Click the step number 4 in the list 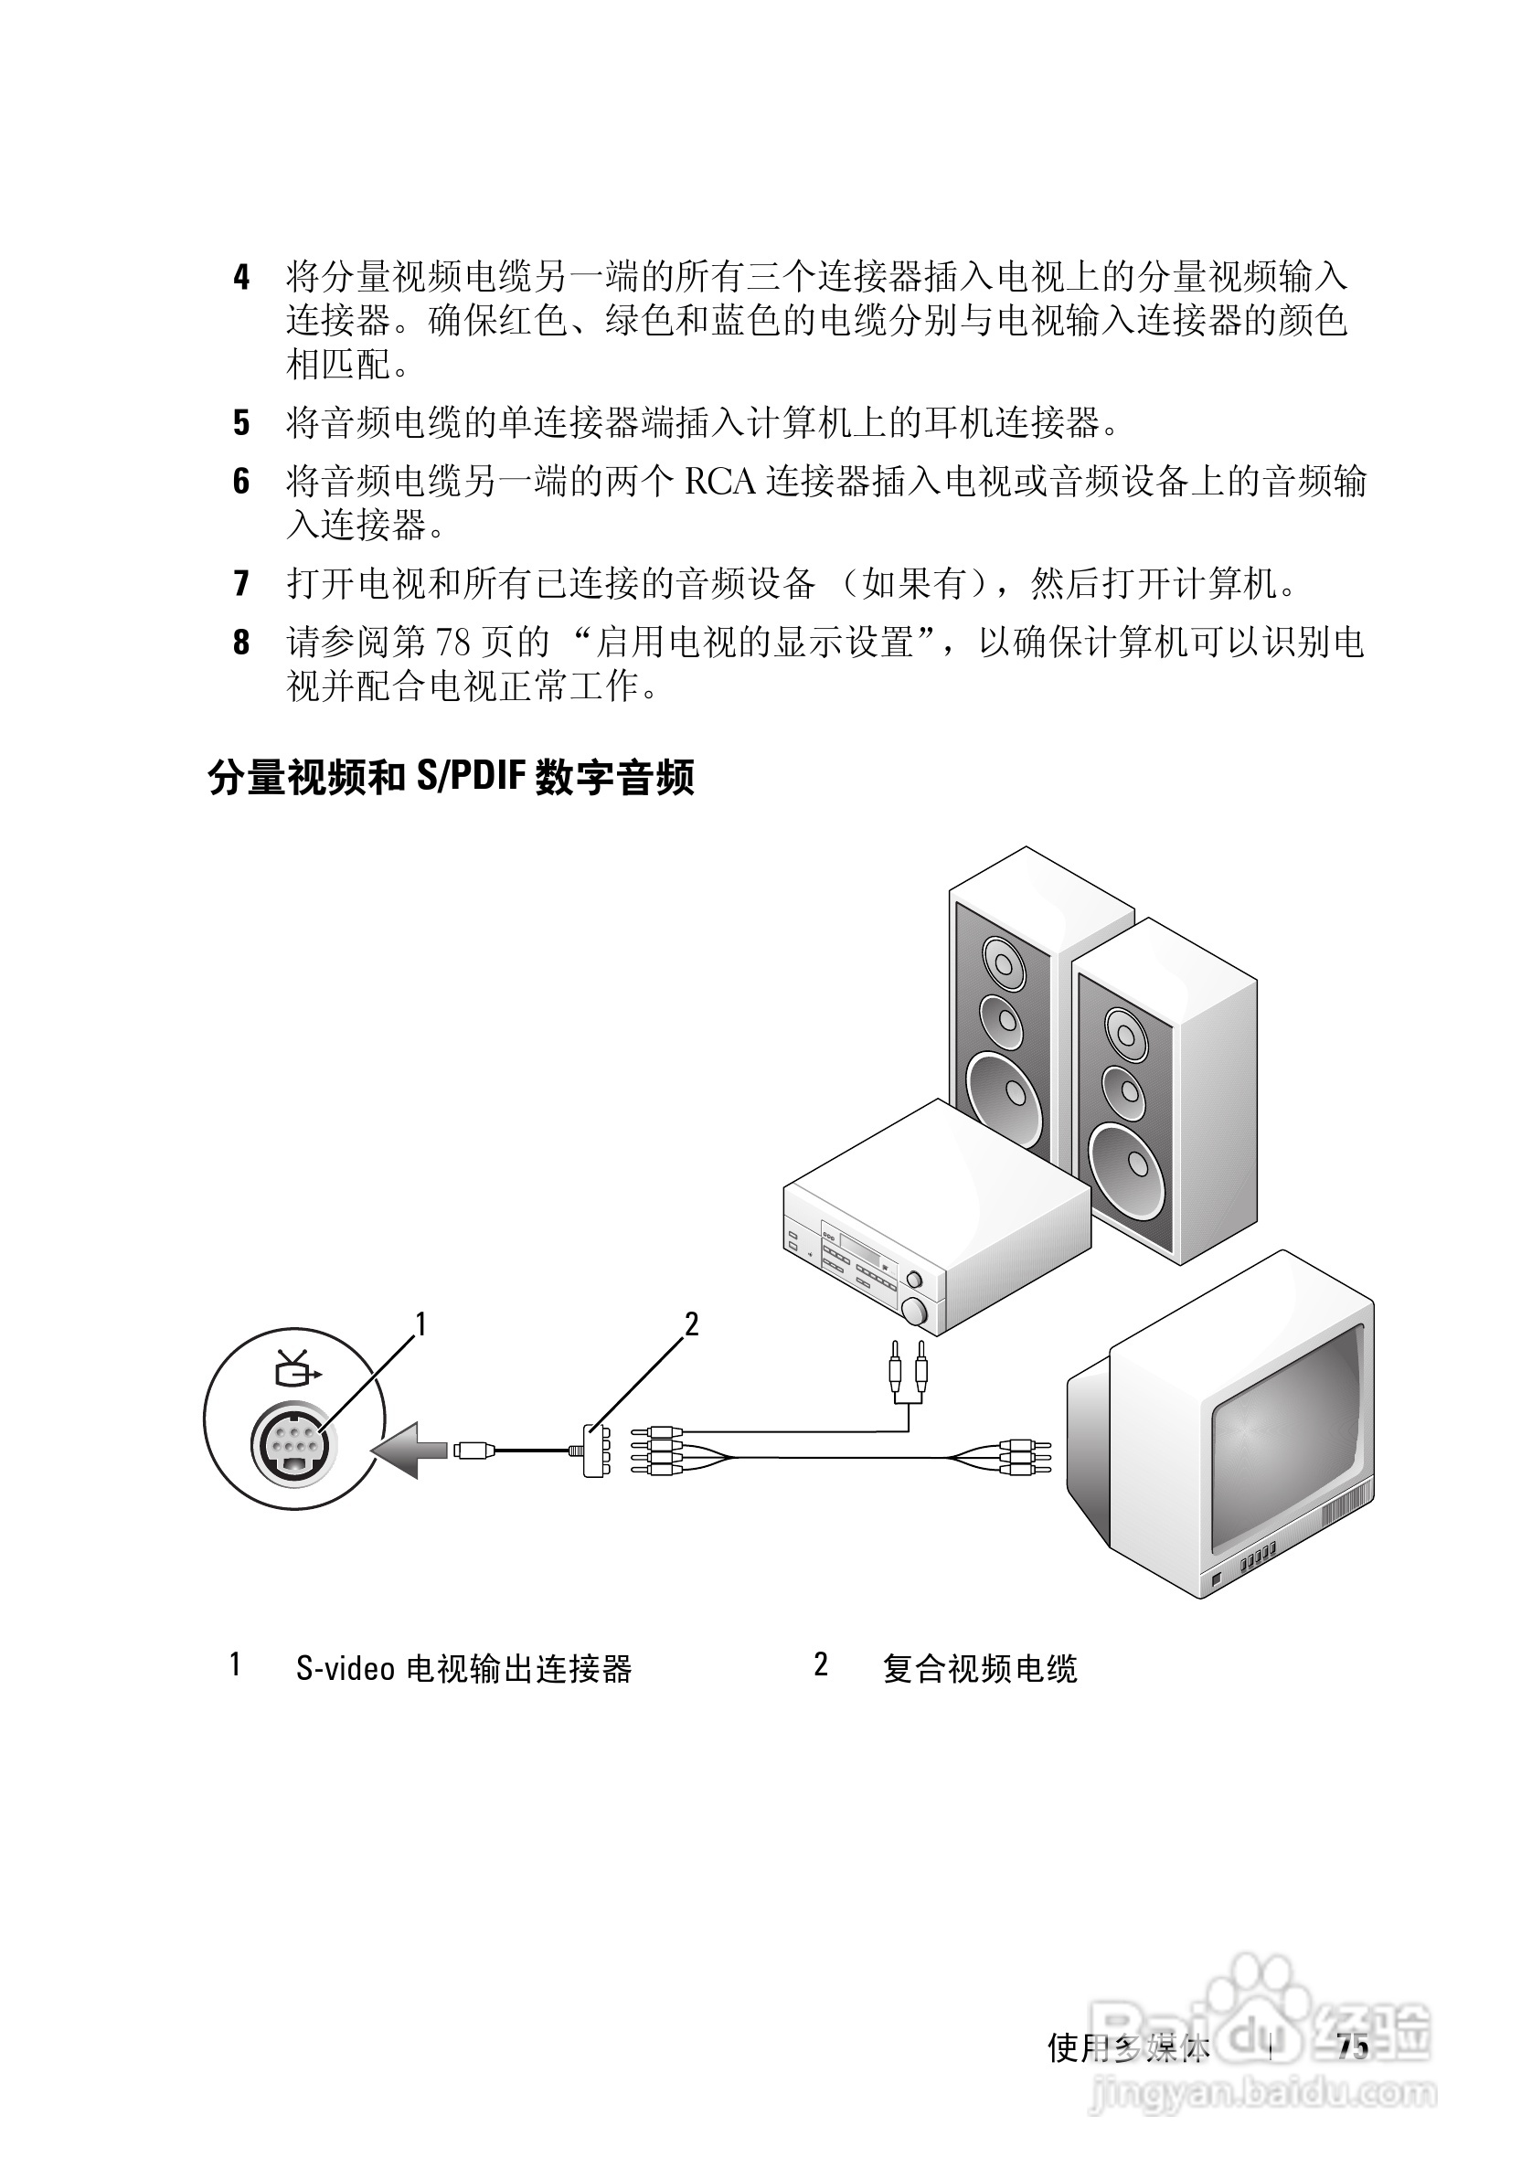(242, 278)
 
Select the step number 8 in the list (242, 643)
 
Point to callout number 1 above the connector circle (420, 1323)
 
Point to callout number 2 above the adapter (691, 1323)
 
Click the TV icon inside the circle (296, 1369)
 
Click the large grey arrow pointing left (410, 1450)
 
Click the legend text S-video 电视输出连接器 (463, 1668)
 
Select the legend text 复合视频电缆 (980, 1668)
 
